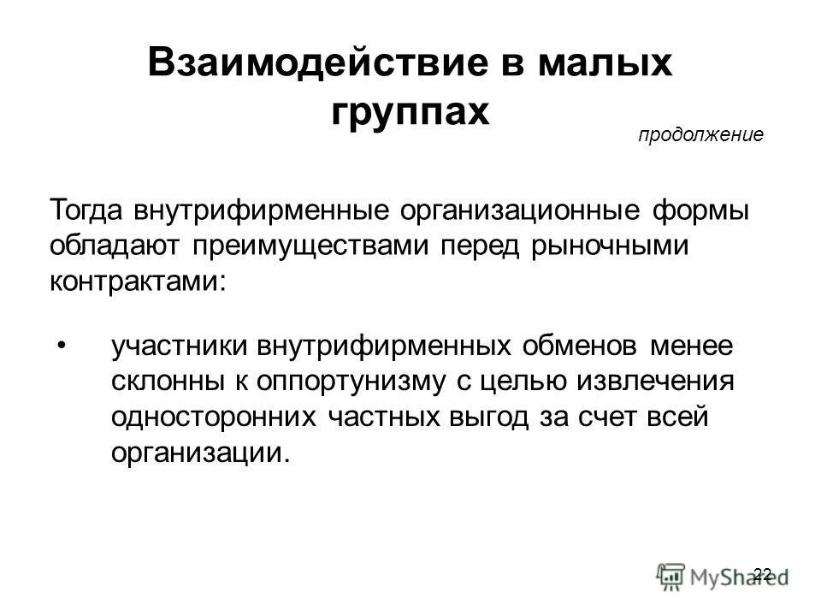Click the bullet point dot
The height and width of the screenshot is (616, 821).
pos(61,346)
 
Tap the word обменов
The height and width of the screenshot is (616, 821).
pos(570,346)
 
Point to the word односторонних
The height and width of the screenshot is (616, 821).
pos(213,417)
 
